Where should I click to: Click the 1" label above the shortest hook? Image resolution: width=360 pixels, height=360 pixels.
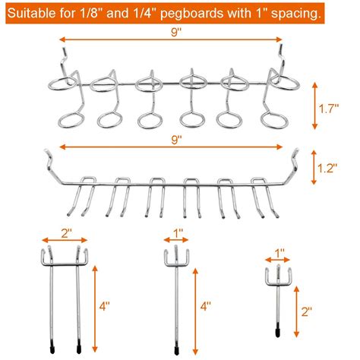point(279,252)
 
